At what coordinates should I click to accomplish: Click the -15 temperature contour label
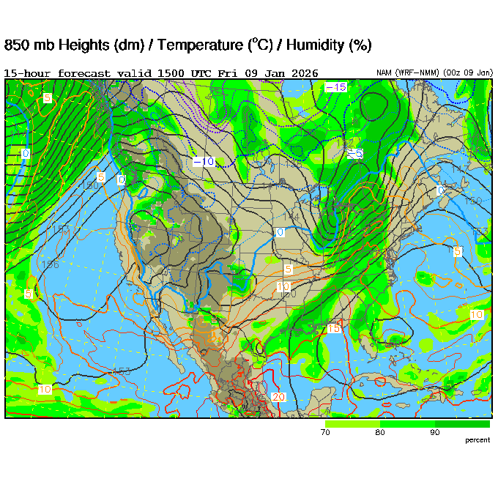point(336,87)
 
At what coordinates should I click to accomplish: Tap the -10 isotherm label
point(204,161)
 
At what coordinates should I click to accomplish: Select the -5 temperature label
point(354,153)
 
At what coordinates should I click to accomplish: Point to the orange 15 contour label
point(334,329)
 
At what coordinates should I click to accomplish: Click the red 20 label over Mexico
point(278,396)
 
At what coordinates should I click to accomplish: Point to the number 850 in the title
point(17,45)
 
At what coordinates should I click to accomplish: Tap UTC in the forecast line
point(204,73)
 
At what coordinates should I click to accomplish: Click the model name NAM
point(384,73)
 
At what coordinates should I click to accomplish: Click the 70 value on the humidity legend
point(325,433)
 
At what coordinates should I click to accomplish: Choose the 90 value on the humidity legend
point(435,433)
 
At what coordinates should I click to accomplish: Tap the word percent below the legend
point(477,440)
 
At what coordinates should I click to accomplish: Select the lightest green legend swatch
point(352,424)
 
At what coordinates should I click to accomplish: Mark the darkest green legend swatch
point(462,424)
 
